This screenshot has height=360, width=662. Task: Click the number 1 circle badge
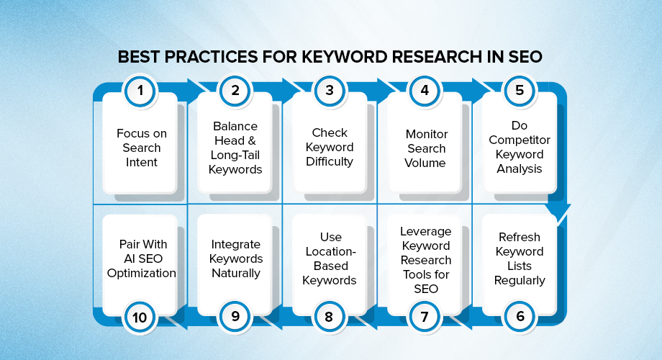140,91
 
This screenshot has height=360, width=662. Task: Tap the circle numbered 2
235,91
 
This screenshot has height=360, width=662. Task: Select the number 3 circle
330,91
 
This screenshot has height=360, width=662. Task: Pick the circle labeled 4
425,91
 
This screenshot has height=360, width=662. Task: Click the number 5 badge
519,91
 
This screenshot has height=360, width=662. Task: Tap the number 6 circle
519,315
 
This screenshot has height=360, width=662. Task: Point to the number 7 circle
425,315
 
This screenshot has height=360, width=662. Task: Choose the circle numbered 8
330,315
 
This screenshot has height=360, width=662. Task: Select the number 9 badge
235,315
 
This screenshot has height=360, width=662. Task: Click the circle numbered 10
140,315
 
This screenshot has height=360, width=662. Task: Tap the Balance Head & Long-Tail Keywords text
235,148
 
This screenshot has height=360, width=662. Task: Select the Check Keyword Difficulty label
330,148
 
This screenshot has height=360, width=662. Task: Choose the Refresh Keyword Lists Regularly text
520,258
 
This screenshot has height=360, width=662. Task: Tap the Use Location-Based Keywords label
330,258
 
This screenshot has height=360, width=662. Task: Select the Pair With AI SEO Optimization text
141,258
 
